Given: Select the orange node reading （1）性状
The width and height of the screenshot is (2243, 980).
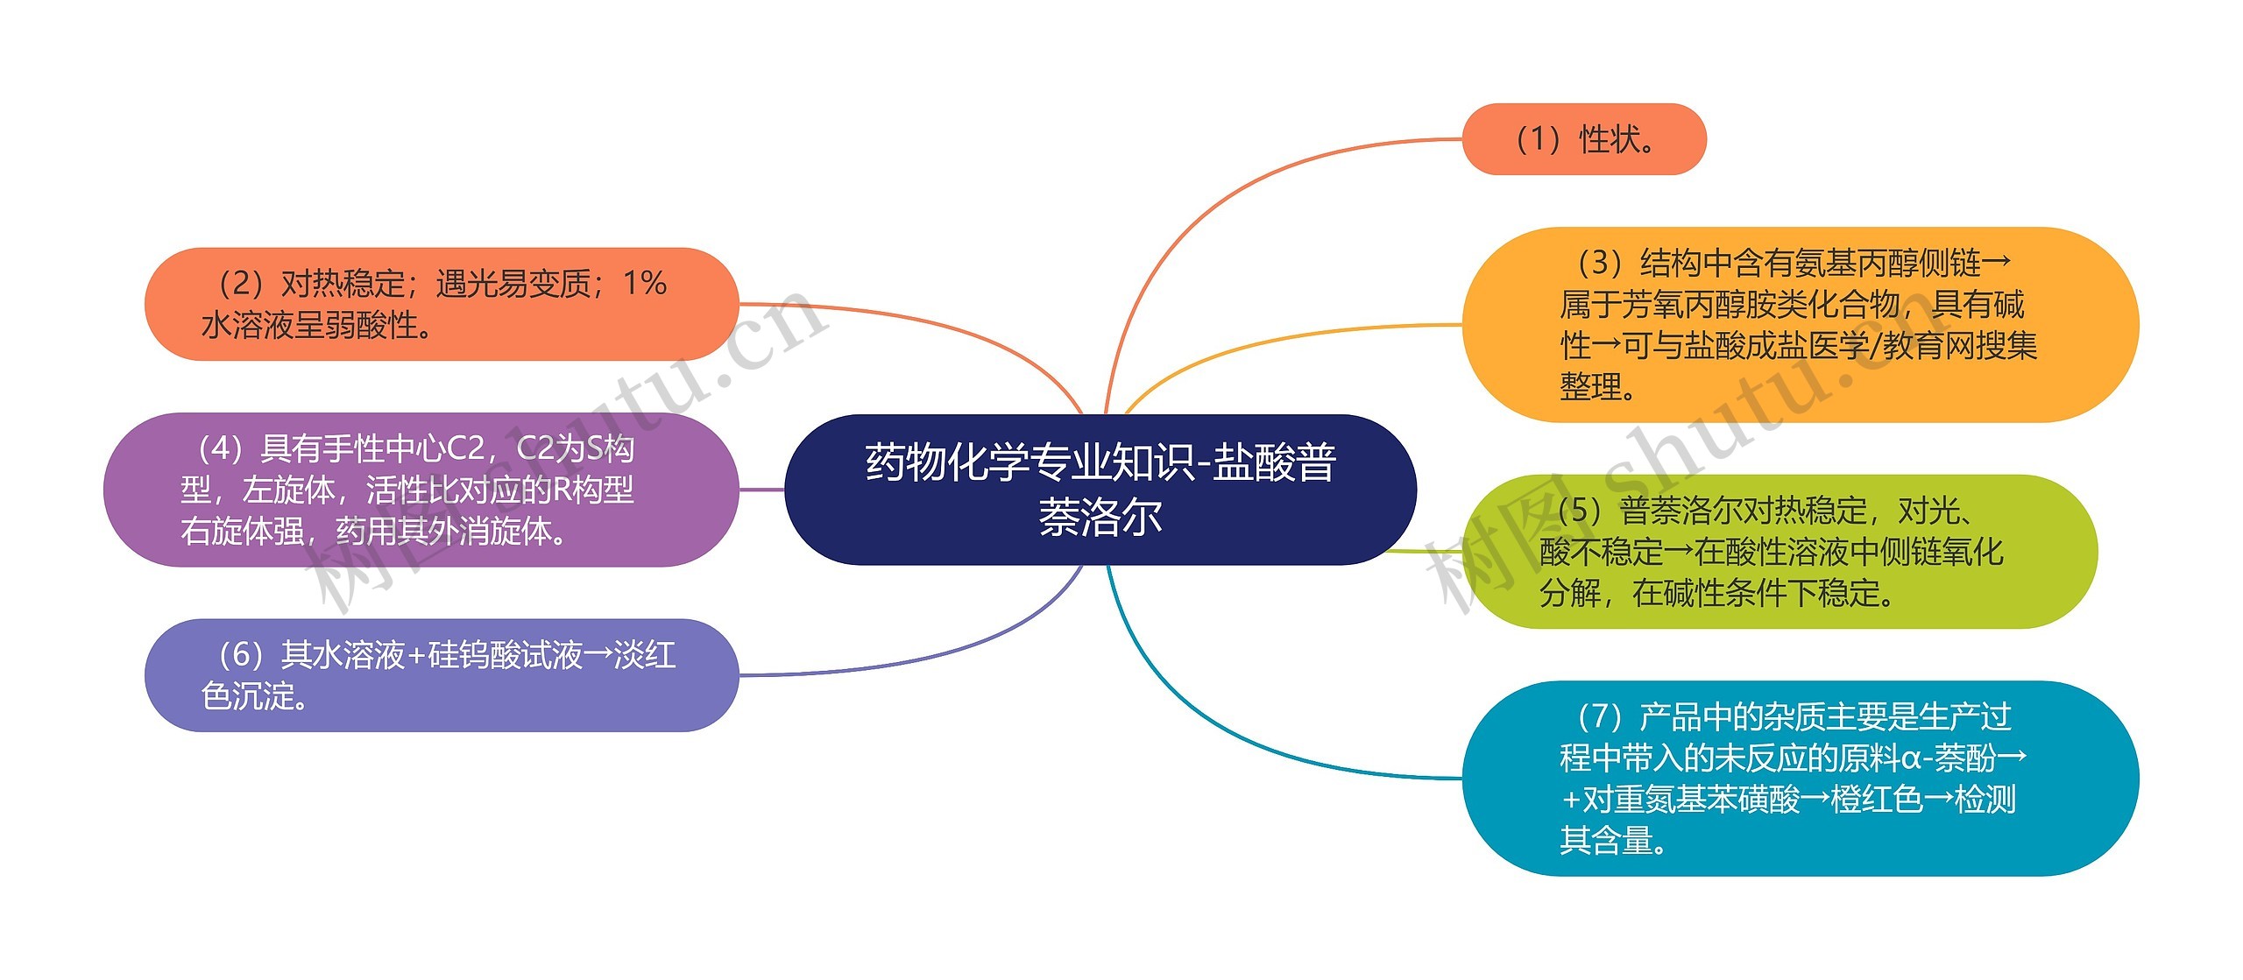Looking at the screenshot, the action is click(x=1583, y=139).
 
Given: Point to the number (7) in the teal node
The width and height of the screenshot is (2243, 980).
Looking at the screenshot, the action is click(x=1599, y=716).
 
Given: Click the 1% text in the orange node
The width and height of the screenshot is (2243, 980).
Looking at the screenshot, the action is click(x=644, y=283).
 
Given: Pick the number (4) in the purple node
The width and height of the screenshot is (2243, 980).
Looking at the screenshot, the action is click(x=219, y=448).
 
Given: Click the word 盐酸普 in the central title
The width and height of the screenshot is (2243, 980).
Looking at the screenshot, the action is click(x=1274, y=462).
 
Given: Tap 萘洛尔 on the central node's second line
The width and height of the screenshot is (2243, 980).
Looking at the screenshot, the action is click(x=1100, y=517).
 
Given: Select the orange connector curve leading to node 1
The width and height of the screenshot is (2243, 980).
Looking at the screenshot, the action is click(x=1227, y=194).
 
